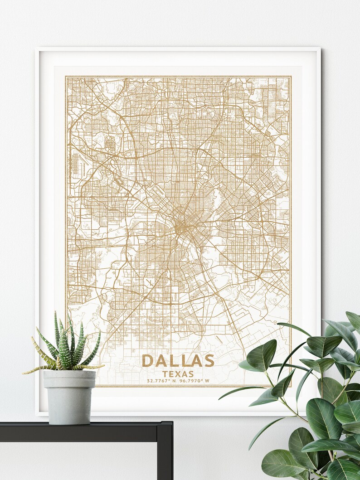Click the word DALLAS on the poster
(x=178, y=361)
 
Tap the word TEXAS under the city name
(x=178, y=374)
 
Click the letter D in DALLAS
(x=147, y=361)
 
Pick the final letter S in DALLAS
(x=208, y=361)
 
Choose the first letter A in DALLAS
(x=160, y=361)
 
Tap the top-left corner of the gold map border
(x=66, y=77)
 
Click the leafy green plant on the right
(x=317, y=399)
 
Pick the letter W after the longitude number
(x=207, y=381)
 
